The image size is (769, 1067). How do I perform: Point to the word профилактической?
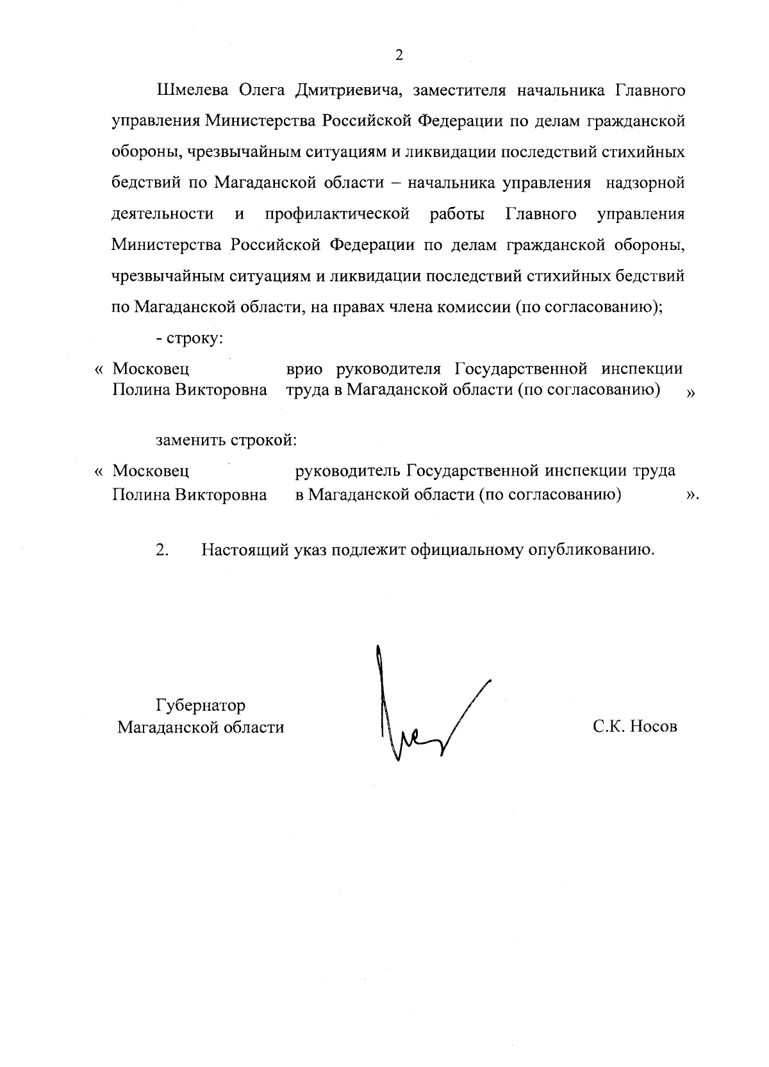(x=337, y=214)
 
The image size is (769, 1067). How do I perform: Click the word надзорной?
(x=645, y=183)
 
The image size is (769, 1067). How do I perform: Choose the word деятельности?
(x=163, y=214)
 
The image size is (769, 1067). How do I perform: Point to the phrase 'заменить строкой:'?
(x=226, y=440)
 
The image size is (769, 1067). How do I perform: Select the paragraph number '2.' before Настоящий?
(x=162, y=550)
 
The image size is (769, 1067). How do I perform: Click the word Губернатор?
(x=201, y=706)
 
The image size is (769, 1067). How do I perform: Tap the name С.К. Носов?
(x=634, y=727)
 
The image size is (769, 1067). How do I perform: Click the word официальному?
(x=466, y=550)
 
